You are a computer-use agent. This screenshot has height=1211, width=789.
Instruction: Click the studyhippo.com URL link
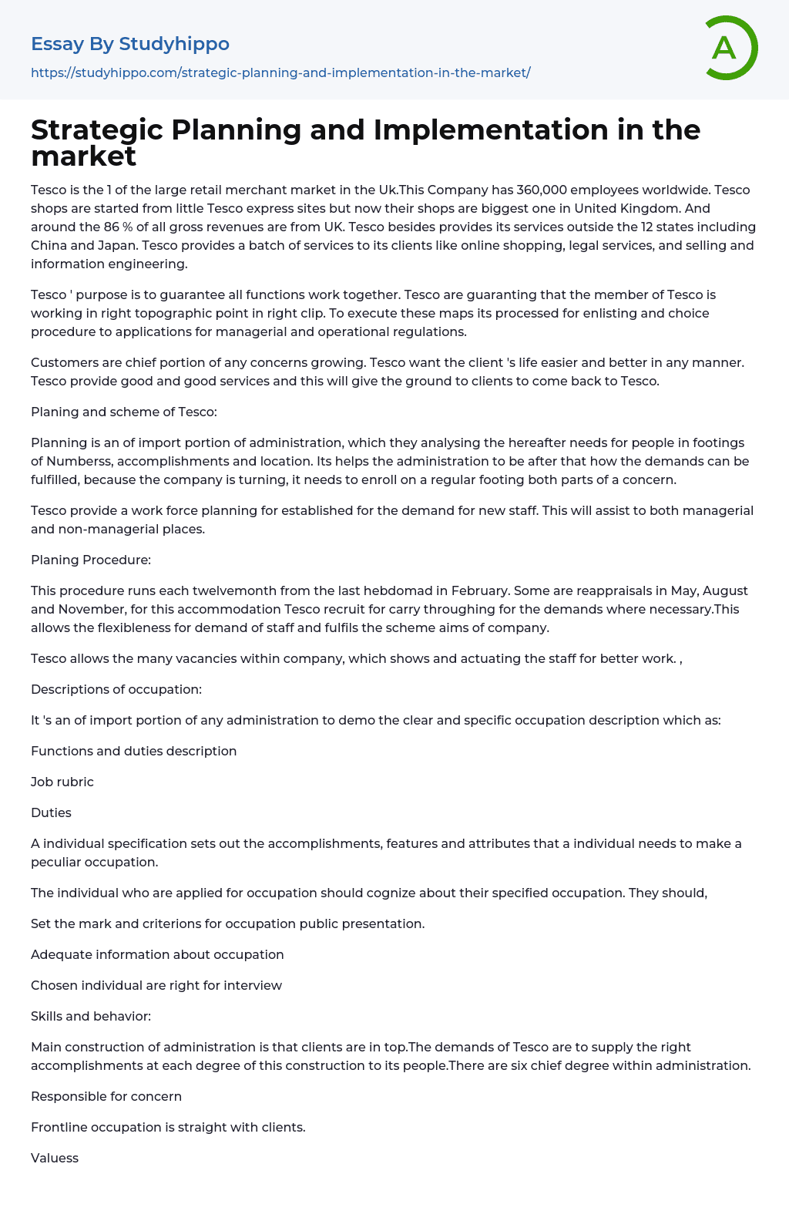[x=280, y=72]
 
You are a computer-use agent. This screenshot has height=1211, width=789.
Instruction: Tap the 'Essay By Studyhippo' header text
[x=130, y=44]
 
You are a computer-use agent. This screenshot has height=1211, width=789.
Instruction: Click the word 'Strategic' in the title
[x=97, y=130]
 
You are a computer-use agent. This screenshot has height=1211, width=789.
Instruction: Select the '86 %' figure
[x=118, y=227]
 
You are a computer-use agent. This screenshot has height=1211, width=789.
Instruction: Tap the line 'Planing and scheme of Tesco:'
[x=124, y=412]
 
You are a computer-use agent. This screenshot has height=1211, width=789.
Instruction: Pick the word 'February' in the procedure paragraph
[x=479, y=590]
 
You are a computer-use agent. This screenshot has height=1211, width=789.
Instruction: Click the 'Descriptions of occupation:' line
[x=116, y=689]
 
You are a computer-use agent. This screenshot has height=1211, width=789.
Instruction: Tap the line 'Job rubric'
[x=62, y=782]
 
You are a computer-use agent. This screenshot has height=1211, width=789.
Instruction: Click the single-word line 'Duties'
[x=51, y=812]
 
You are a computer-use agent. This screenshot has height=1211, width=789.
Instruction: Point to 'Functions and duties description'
[x=133, y=751]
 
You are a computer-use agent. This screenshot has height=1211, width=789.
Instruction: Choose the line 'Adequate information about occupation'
[x=157, y=954]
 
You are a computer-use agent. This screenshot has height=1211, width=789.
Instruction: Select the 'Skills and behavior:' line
[x=91, y=1016]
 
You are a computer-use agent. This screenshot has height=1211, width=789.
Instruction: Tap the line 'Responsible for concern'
[x=106, y=1096]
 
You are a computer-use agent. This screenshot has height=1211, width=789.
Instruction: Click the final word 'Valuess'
[x=55, y=1158]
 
